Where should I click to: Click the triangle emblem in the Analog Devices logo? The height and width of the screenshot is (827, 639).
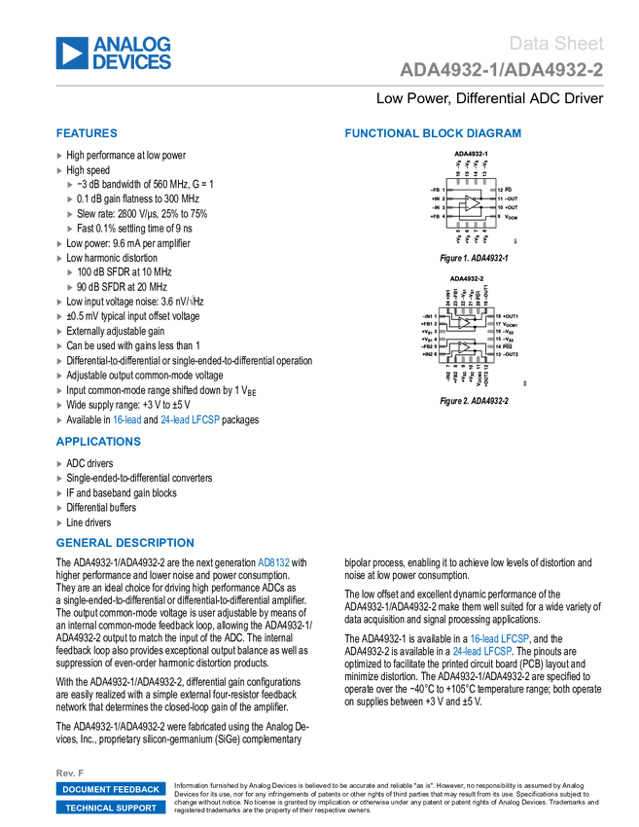click(71, 53)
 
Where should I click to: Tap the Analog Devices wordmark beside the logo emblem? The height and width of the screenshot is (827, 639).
click(132, 53)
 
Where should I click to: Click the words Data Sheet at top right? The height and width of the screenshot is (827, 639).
click(557, 44)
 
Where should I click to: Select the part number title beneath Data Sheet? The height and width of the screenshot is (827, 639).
click(501, 70)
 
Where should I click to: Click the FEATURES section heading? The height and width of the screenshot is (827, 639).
click(87, 134)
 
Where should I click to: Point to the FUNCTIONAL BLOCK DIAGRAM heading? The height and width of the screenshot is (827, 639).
click(433, 134)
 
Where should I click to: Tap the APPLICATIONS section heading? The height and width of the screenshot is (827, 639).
click(98, 442)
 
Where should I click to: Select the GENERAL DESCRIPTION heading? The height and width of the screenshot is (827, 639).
click(124, 544)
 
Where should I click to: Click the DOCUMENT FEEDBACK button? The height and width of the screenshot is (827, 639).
click(111, 789)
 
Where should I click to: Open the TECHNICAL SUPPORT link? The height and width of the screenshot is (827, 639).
click(111, 808)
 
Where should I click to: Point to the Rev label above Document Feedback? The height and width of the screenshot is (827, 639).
click(69, 773)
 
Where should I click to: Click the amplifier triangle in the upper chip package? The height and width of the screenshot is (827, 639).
click(472, 203)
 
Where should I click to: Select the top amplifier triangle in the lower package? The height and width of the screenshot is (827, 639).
click(464, 322)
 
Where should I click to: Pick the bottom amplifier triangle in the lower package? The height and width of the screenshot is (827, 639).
click(464, 346)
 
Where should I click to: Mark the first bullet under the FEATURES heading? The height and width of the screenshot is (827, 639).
click(59, 155)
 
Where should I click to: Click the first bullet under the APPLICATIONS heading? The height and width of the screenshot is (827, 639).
click(59, 463)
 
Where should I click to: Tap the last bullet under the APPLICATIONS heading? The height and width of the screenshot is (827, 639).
click(59, 522)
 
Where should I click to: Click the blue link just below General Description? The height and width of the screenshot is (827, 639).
click(274, 562)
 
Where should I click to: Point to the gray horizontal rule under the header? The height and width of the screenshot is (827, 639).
click(330, 86)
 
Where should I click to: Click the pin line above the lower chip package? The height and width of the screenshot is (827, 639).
click(474, 295)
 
